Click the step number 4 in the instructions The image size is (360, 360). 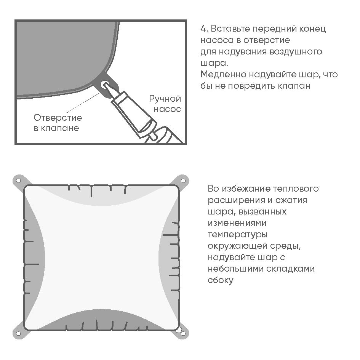[x=203, y=29]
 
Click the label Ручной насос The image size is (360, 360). [x=165, y=104]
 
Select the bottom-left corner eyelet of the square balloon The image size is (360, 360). [x=18, y=333]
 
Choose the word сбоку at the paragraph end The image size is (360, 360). [x=221, y=280]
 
